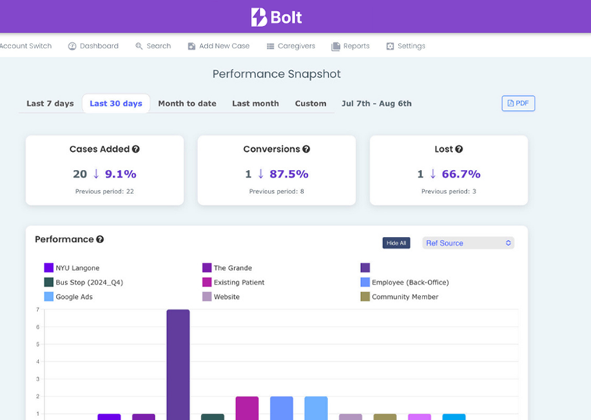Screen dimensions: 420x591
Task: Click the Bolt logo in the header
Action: tap(276, 17)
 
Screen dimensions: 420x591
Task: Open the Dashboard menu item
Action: tap(93, 46)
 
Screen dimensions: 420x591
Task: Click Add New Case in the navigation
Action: tap(219, 46)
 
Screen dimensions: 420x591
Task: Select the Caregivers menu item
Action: tap(291, 46)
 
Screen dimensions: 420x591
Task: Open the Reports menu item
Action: tap(351, 46)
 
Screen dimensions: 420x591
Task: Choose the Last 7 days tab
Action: tap(50, 104)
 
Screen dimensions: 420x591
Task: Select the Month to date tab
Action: tap(187, 104)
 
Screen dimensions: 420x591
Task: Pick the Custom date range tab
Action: tap(311, 104)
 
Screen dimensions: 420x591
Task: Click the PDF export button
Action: tap(518, 104)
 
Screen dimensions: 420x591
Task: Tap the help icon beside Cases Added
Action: tap(136, 149)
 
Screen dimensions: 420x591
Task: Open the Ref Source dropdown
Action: tap(468, 243)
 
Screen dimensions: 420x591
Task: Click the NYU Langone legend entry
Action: tap(72, 268)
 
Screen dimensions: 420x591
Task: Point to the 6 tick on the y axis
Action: tap(37, 327)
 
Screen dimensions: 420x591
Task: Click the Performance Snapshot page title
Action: tap(276, 74)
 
